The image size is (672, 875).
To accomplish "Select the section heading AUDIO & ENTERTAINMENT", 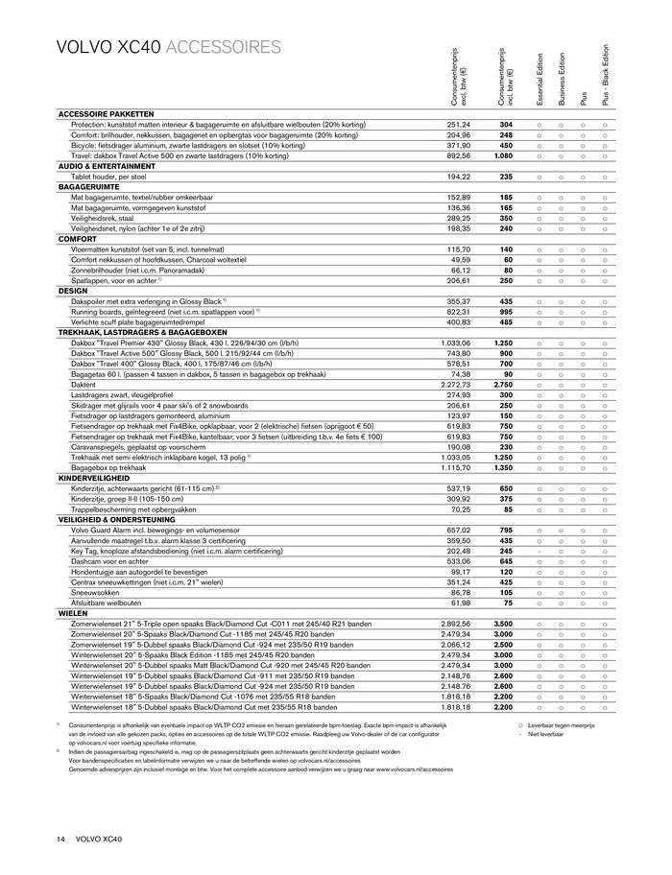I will [x=108, y=166].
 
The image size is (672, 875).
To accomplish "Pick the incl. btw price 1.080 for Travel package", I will [x=505, y=155].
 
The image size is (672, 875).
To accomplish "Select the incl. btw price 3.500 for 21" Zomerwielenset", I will [x=505, y=623].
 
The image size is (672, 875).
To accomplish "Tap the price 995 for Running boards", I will [x=505, y=312].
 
